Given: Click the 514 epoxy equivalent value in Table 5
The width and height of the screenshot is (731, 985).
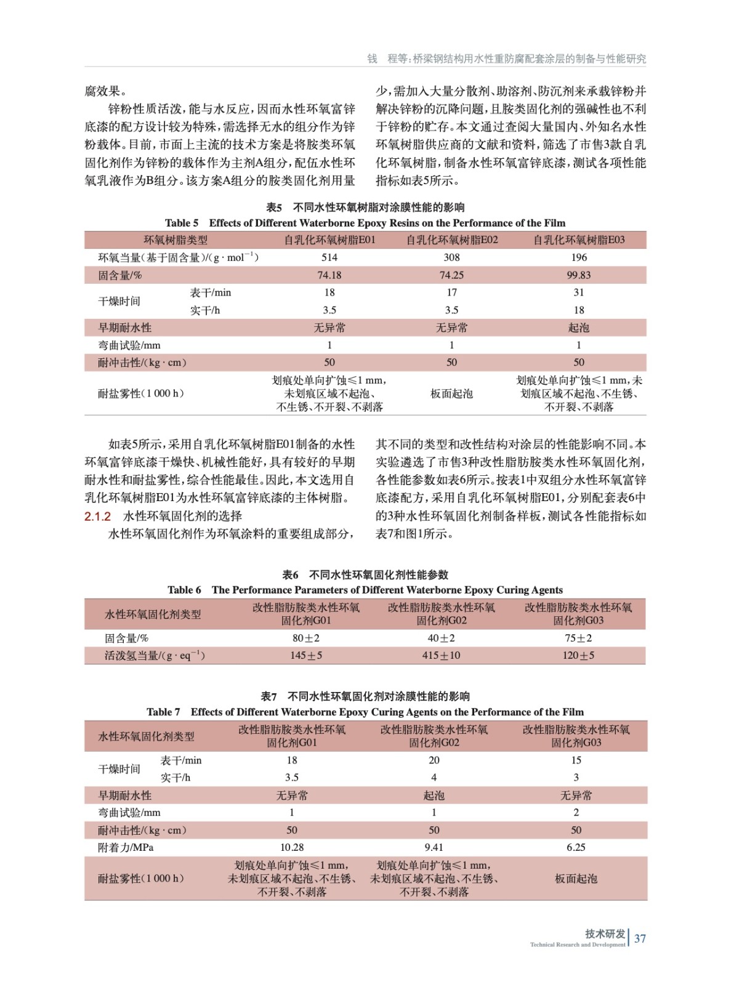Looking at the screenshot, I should pos(329,257).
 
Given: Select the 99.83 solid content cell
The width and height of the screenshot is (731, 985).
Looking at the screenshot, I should pos(578,275).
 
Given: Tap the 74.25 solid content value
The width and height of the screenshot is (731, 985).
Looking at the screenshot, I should pos(451,275).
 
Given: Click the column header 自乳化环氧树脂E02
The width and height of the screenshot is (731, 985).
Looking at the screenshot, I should pos(451,240).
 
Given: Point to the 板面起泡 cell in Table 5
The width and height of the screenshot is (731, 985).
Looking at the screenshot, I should pos(451,393).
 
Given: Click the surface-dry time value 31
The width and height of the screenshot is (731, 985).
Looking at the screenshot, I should pos(579,292).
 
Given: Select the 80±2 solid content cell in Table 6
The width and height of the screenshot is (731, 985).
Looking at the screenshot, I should pos(306,638).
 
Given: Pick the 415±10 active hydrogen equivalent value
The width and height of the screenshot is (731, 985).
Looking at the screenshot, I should pos(441,656).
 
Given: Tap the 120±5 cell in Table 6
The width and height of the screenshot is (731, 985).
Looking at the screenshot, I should pos(578,656).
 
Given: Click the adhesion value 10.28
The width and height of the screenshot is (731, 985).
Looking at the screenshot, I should pos(292,847).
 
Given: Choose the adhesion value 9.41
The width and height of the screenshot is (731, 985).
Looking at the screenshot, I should pos(434,847).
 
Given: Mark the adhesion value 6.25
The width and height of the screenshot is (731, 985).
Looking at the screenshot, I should pos(576,847).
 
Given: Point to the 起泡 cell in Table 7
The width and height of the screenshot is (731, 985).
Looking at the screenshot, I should pos(434,795).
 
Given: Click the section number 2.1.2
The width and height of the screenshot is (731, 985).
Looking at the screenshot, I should pos(97,516).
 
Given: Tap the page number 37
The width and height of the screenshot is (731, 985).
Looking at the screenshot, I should pos(640,938).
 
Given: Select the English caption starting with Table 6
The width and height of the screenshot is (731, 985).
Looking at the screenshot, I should pos(365,590).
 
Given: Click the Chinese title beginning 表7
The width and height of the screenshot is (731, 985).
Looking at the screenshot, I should pos(365,696).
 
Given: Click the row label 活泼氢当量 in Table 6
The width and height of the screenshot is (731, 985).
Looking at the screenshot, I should pos(154,656).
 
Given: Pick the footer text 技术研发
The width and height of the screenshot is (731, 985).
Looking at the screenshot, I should pos(605,933).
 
